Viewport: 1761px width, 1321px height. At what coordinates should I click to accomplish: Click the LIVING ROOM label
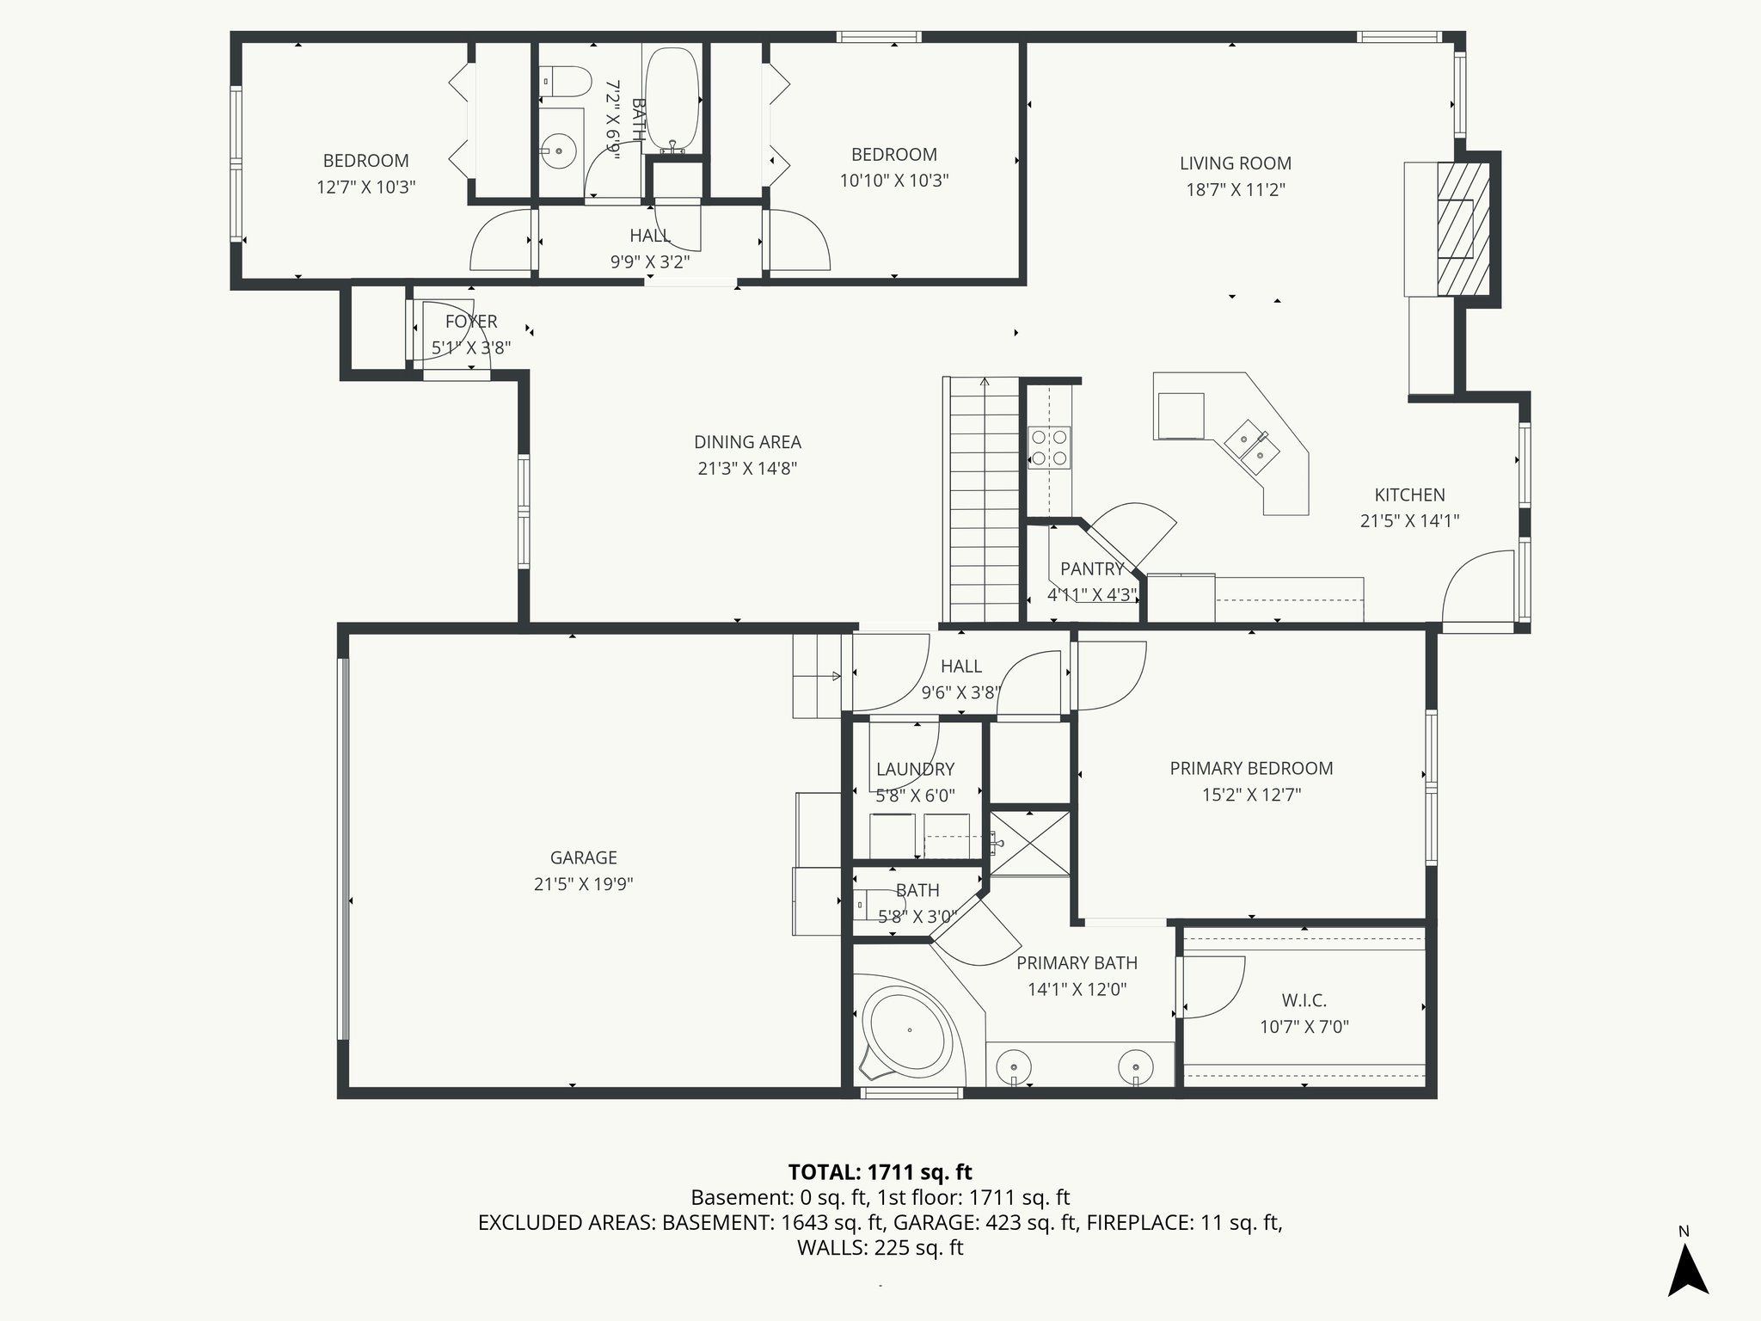coord(1235,163)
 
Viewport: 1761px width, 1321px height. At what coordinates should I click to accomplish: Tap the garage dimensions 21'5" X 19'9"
coord(583,884)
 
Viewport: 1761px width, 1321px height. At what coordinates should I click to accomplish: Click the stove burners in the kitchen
coord(1049,447)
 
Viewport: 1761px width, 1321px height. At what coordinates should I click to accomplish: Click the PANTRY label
coord(1091,568)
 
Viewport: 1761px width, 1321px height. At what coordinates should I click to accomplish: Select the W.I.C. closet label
coord(1304,1000)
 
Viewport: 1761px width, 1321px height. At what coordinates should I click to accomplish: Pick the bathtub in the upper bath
coord(672,99)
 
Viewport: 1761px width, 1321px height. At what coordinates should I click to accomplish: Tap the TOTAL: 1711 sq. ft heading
coord(880,1171)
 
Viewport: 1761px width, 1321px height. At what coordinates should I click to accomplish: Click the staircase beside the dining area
coord(984,499)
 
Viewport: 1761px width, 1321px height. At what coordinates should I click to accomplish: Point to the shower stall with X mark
coord(1030,843)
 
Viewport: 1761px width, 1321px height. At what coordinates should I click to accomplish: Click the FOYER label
coord(471,322)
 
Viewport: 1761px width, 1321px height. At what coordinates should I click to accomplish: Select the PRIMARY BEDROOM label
coord(1250,768)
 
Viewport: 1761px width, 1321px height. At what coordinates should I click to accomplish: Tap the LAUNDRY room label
coord(915,770)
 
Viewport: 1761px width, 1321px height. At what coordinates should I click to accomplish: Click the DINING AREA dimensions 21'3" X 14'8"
coord(746,469)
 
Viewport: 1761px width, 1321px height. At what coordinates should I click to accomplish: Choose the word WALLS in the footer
coord(831,1248)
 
